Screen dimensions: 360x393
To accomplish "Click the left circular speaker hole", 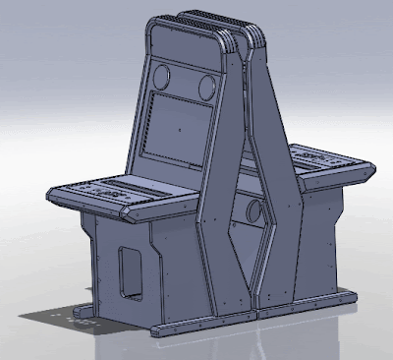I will (164, 76).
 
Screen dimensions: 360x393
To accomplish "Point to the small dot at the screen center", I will (180, 128).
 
